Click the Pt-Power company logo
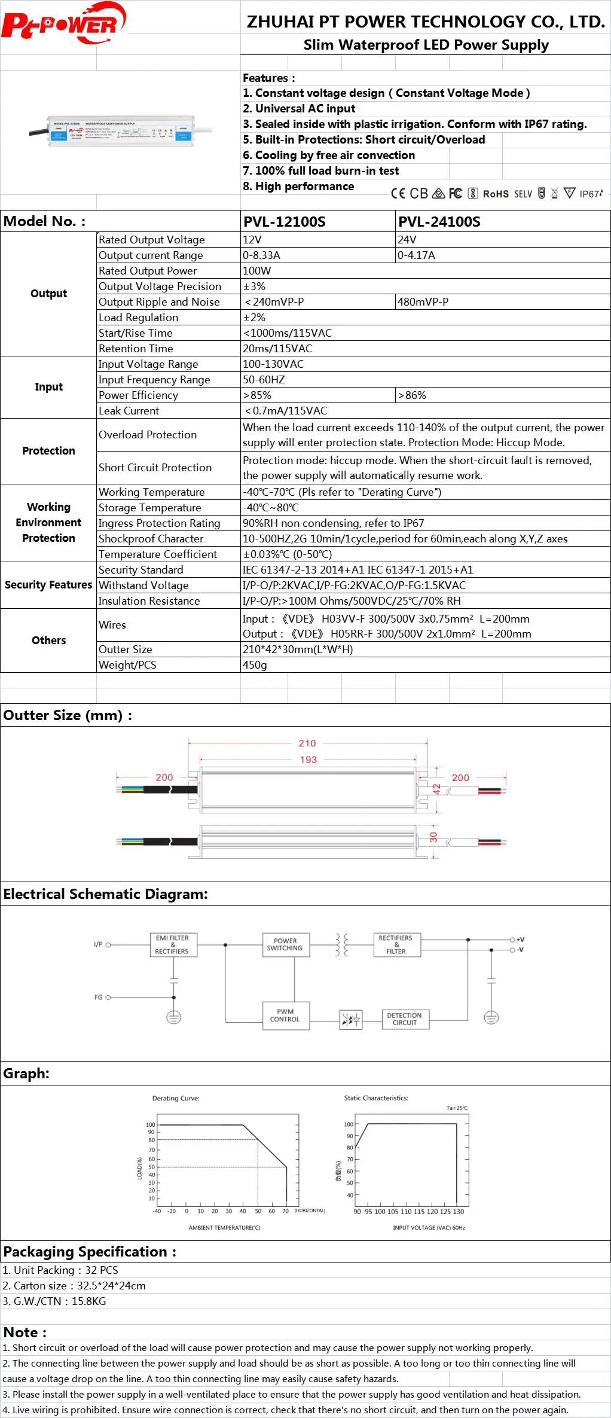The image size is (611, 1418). [63, 24]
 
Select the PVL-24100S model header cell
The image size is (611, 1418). [439, 222]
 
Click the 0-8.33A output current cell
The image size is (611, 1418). [261, 255]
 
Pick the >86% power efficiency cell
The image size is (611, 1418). [412, 395]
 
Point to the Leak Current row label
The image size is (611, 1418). [129, 411]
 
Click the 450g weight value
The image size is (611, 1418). [255, 665]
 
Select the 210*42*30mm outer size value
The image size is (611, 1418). [298, 649]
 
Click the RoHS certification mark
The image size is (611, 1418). [496, 194]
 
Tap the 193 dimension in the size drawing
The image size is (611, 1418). [308, 760]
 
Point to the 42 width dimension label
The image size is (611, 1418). [437, 789]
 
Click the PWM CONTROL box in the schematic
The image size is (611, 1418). [285, 1016]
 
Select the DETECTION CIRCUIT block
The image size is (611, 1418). [405, 1019]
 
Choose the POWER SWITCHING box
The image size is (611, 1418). [285, 944]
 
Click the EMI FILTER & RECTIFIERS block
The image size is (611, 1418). [172, 944]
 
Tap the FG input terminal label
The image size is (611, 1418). [98, 997]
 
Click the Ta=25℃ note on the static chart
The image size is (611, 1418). [457, 1108]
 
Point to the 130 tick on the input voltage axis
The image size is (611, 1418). [459, 1212]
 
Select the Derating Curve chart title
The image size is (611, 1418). [176, 1098]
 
